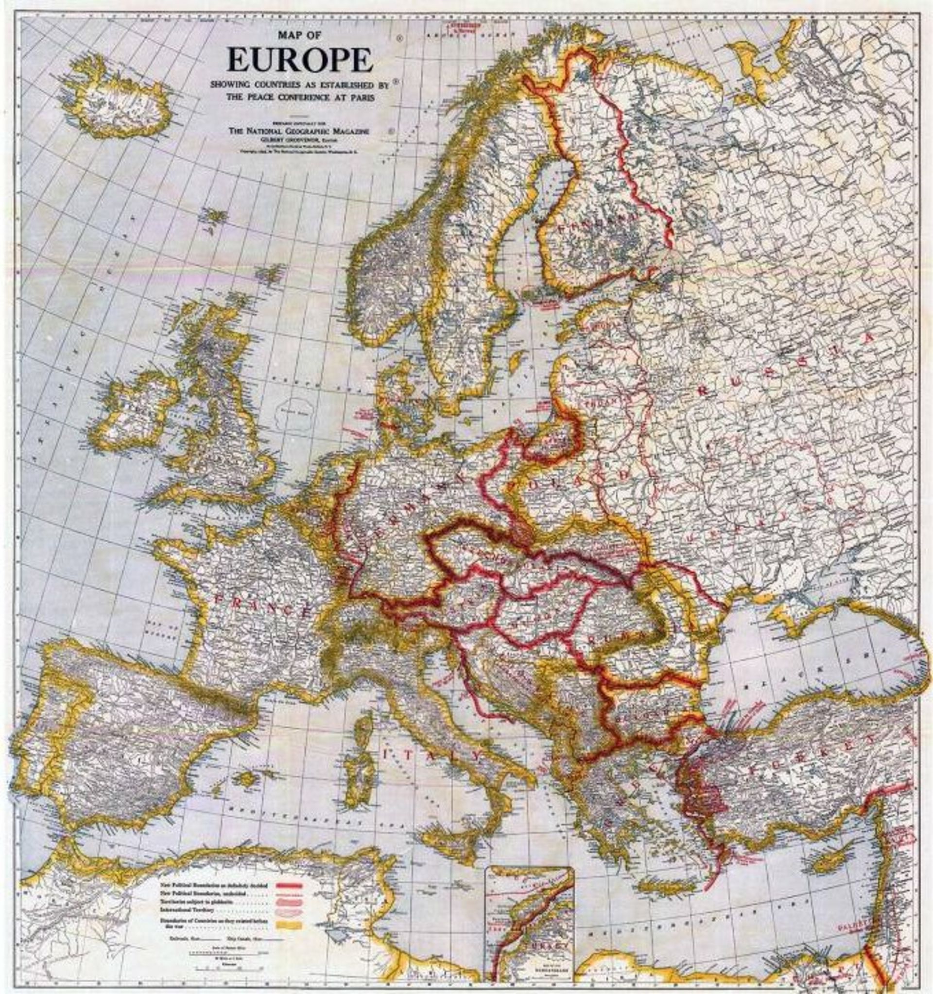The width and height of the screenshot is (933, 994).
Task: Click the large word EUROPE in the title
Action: pyautogui.click(x=300, y=60)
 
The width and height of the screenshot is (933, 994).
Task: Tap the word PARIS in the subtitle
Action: pyautogui.click(x=361, y=98)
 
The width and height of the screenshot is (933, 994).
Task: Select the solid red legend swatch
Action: pyautogui.click(x=286, y=885)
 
